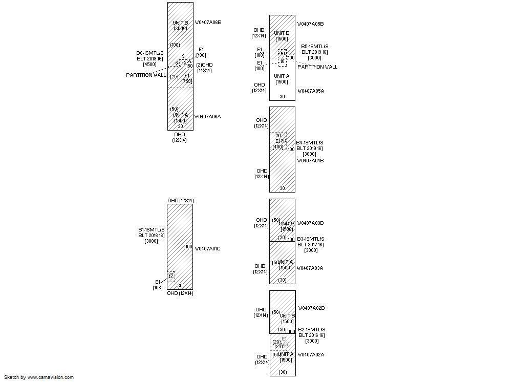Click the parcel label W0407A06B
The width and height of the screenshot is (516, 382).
click(x=208, y=23)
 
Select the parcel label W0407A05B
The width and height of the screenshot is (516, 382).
click(x=311, y=24)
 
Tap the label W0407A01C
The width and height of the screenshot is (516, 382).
click(x=208, y=249)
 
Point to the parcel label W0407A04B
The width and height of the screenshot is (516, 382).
click(x=311, y=161)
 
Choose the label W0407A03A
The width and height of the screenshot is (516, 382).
click(x=310, y=268)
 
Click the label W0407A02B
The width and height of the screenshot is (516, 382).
click(x=311, y=308)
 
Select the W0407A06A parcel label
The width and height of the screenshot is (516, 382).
click(x=207, y=117)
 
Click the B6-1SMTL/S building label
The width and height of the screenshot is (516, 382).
click(x=150, y=53)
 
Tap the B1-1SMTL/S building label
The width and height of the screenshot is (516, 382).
click(x=151, y=230)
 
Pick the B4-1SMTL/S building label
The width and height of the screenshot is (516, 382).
click(x=310, y=143)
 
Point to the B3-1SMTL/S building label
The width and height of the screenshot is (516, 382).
click(x=311, y=239)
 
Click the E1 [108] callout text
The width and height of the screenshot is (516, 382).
click(x=158, y=285)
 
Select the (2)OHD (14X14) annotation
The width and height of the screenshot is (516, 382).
click(x=204, y=68)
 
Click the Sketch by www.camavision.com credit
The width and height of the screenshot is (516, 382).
click(x=39, y=377)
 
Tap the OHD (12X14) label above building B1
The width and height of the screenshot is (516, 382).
click(x=180, y=201)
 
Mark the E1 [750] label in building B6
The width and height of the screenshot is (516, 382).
click(x=187, y=78)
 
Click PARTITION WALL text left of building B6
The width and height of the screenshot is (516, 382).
click(x=146, y=75)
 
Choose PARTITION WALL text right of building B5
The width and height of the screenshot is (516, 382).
click(x=317, y=67)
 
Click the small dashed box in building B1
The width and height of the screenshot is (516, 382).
click(x=171, y=277)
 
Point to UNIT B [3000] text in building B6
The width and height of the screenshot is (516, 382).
click(x=180, y=26)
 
